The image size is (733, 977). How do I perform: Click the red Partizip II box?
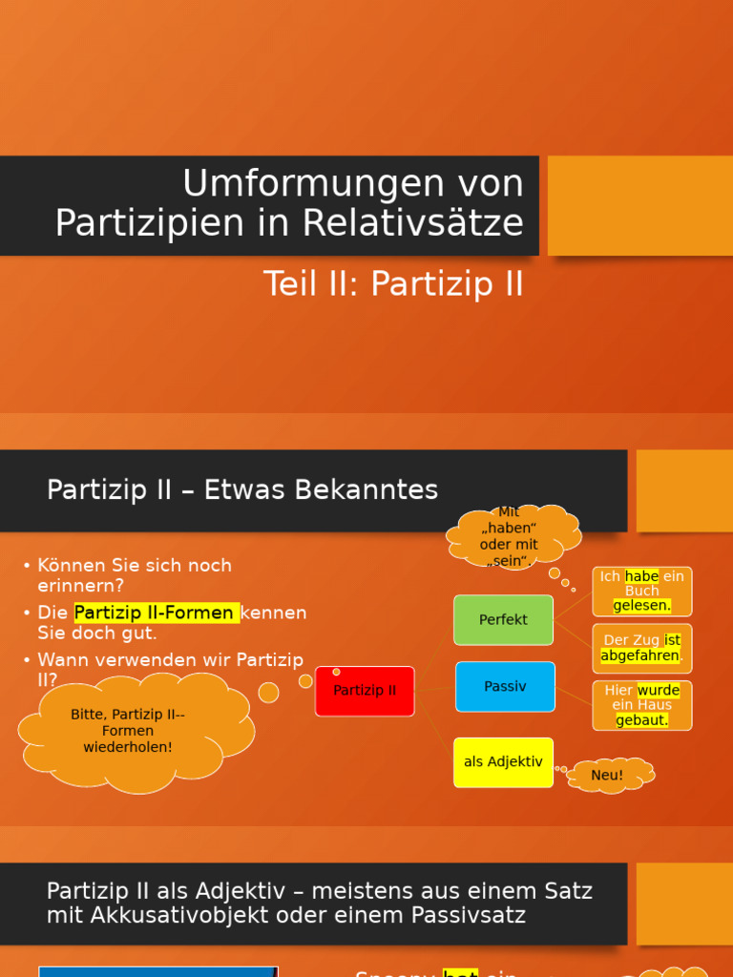[365, 691]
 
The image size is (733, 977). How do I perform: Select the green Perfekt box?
[503, 619]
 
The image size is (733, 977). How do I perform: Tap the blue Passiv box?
[505, 686]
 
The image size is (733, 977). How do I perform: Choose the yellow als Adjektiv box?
[503, 761]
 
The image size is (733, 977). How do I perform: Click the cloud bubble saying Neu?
[608, 775]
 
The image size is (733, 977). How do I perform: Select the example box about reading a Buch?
[641, 591]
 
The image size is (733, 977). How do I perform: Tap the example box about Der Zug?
[641, 648]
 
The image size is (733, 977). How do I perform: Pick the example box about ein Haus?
[641, 705]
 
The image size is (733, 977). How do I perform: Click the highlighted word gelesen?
[641, 605]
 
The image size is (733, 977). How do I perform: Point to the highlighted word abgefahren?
[639, 655]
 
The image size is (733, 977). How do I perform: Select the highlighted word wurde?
[659, 690]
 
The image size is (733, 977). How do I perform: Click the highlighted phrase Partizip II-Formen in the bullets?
[156, 613]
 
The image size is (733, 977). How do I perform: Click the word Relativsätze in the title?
[414, 223]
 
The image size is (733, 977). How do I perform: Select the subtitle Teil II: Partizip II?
[393, 284]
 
